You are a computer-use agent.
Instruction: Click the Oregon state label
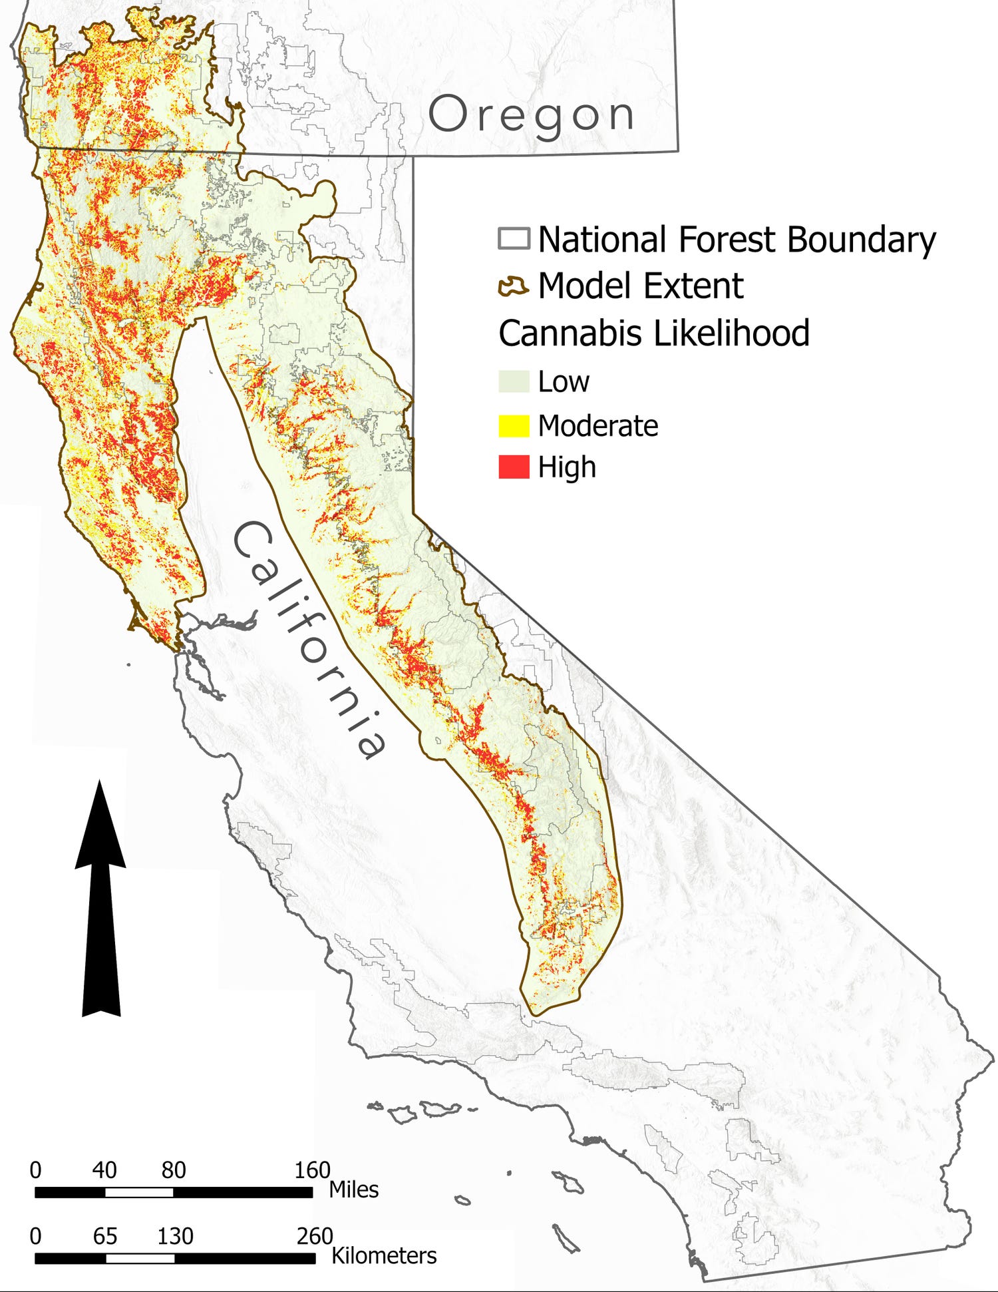[531, 114]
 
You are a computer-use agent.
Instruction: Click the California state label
[309, 639]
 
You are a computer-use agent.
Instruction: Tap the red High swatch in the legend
[514, 467]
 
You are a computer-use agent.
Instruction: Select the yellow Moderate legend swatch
[514, 425]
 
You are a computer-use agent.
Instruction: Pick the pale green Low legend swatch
[514, 381]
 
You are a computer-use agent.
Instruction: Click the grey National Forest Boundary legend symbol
[514, 239]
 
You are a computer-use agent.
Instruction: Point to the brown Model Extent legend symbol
[514, 286]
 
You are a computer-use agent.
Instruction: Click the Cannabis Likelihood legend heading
[654, 333]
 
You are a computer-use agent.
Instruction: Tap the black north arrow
[100, 899]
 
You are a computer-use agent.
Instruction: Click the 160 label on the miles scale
[312, 1170]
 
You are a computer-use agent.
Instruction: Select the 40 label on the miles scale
[104, 1170]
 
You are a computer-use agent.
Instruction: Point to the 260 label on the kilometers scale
[314, 1236]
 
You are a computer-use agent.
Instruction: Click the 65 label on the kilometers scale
[105, 1236]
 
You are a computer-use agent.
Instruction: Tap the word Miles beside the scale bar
[353, 1189]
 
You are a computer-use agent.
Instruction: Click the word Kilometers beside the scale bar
[384, 1255]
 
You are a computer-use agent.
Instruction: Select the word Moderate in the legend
[597, 425]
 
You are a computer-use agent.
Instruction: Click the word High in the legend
[566, 467]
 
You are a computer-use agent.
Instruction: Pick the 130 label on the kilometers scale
[175, 1236]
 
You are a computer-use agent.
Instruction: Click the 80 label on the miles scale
[174, 1170]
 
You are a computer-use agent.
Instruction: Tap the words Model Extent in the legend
[640, 286]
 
